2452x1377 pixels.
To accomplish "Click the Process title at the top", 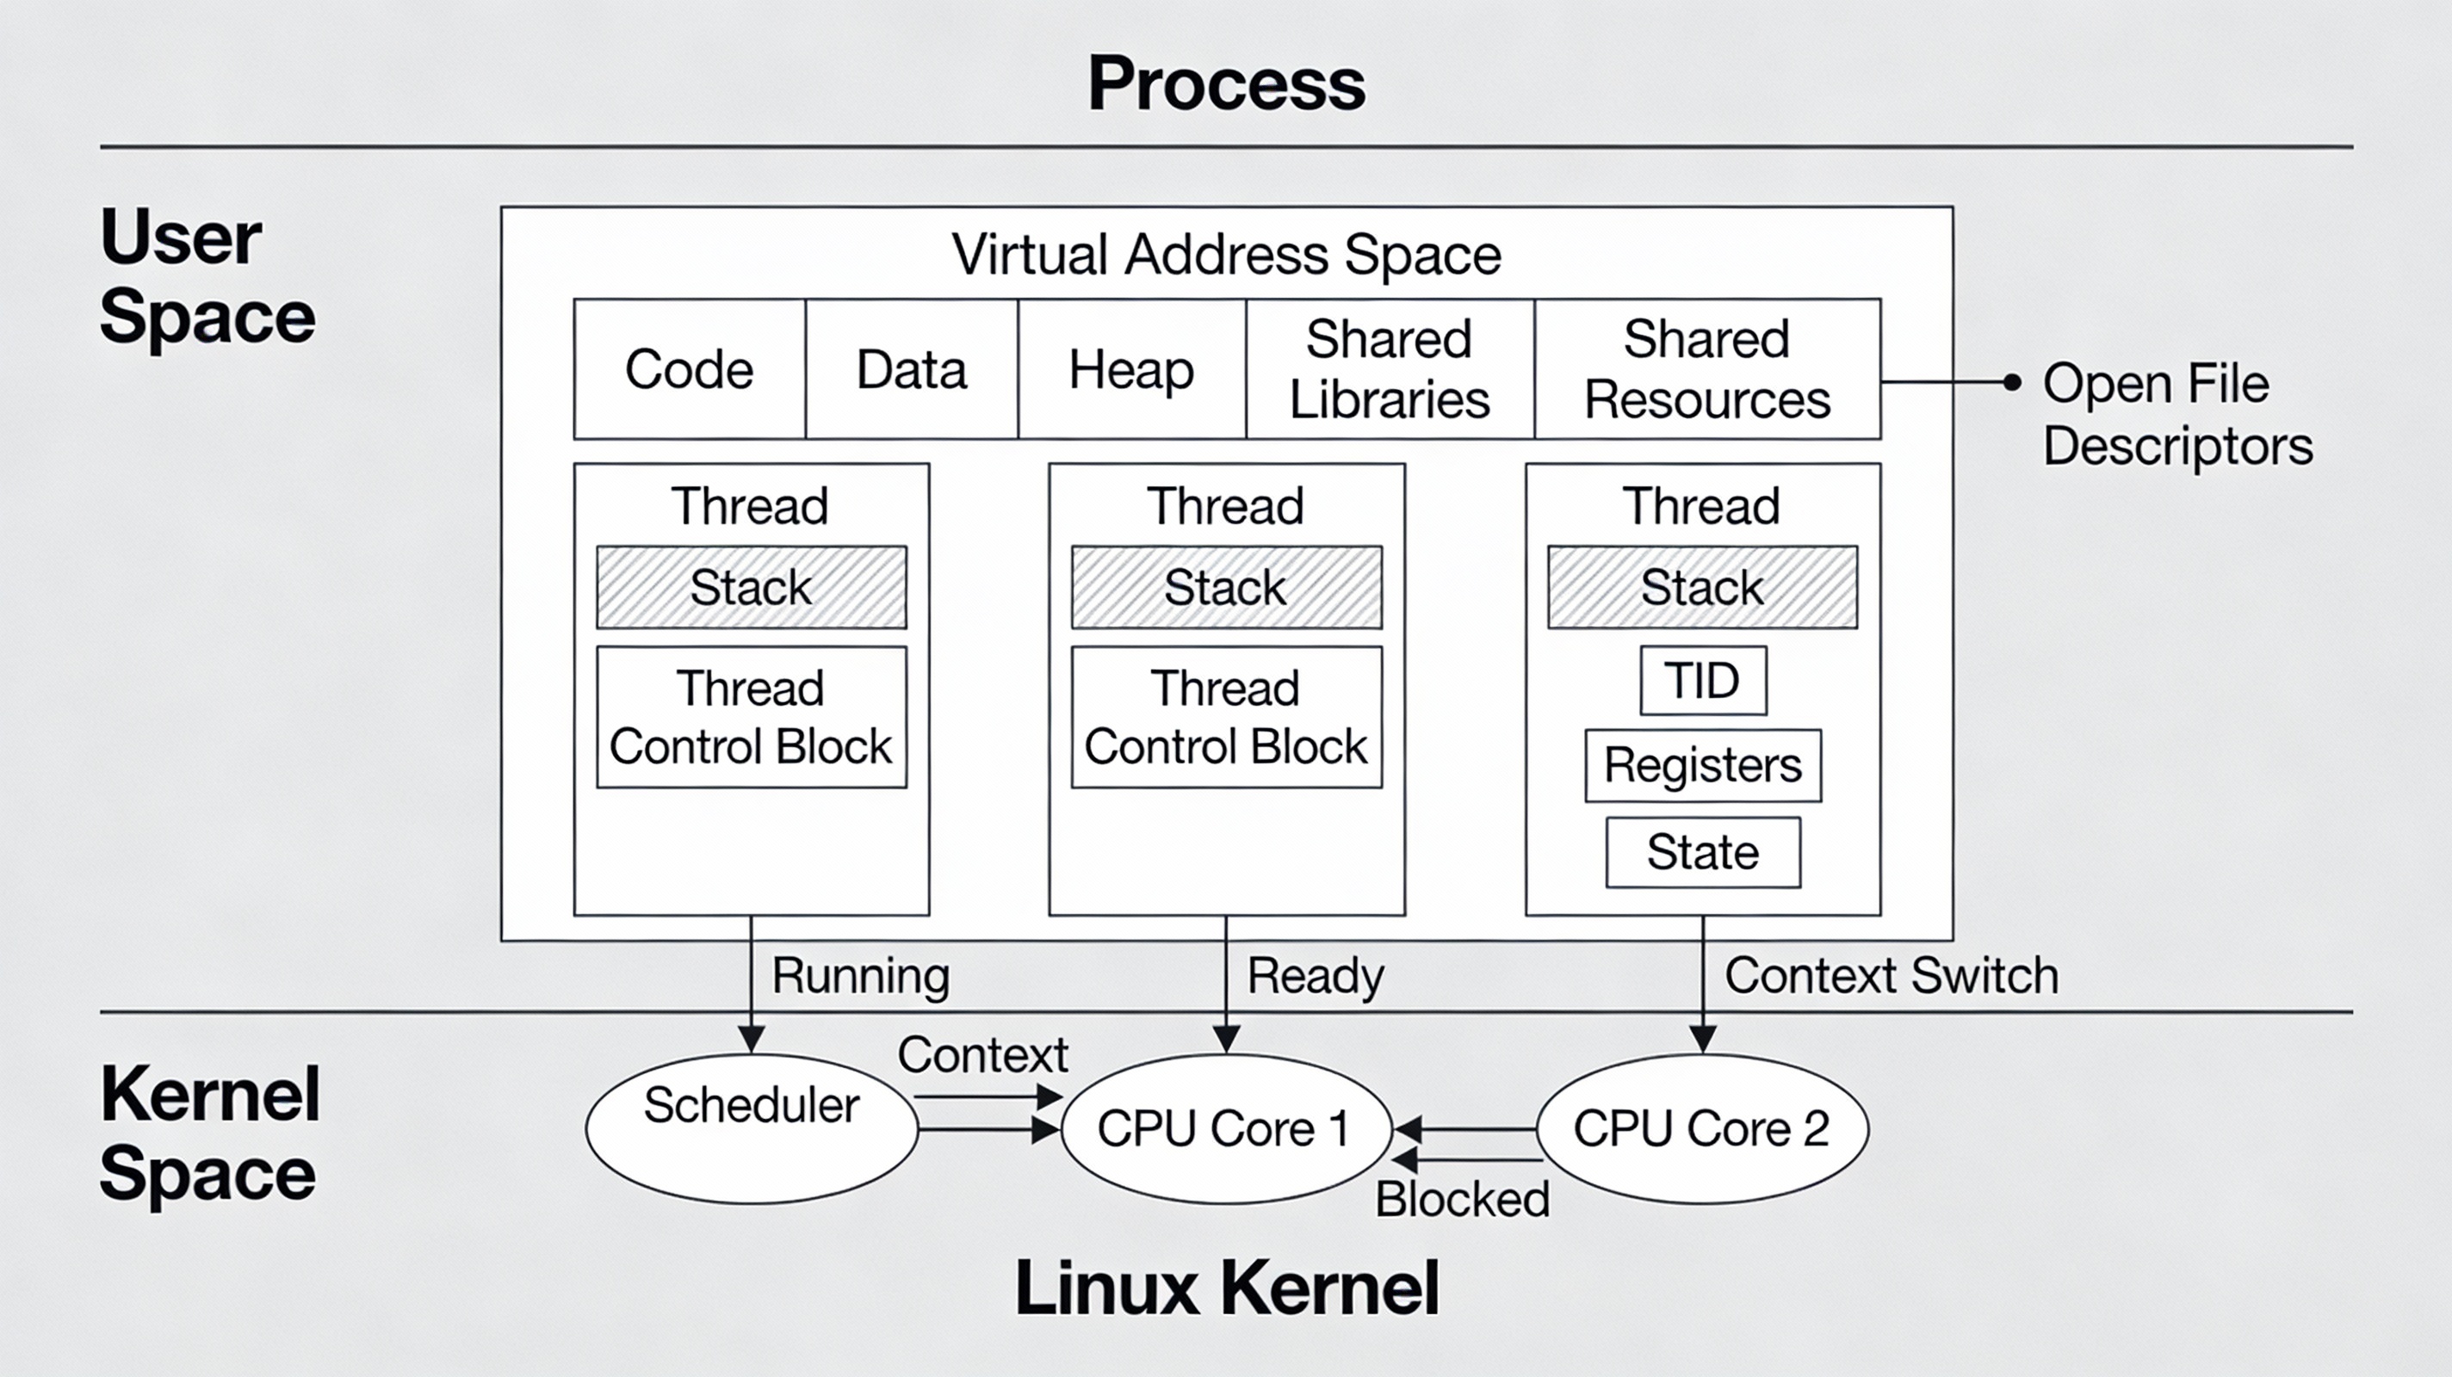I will [1226, 83].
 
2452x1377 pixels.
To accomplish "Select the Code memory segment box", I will [689, 369].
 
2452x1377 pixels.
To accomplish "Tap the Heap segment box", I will [1130, 369].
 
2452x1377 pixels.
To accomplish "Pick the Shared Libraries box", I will [1389, 369].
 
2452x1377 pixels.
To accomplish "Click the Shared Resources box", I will [1706, 369].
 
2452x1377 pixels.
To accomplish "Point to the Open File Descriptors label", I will [2176, 414].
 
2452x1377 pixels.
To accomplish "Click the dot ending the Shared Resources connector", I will [2011, 383].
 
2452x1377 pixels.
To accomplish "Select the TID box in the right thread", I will [1702, 681].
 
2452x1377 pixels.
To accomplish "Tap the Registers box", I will [1702, 765].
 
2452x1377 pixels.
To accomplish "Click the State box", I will [1702, 852].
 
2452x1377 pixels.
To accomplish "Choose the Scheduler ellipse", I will [751, 1127].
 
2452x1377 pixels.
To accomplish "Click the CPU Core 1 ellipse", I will [1225, 1128].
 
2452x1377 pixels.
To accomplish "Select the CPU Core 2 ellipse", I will [1701, 1128].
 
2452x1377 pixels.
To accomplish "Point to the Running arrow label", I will [860, 975].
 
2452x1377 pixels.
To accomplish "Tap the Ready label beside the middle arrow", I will [1316, 975].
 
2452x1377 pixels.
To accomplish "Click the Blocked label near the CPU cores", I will [1462, 1198].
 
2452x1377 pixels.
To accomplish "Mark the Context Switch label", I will [1891, 975].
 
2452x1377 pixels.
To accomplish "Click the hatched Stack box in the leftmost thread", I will [751, 587].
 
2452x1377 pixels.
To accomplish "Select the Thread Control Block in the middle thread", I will [1225, 717].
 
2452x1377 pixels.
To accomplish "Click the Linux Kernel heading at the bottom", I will [1226, 1287].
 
